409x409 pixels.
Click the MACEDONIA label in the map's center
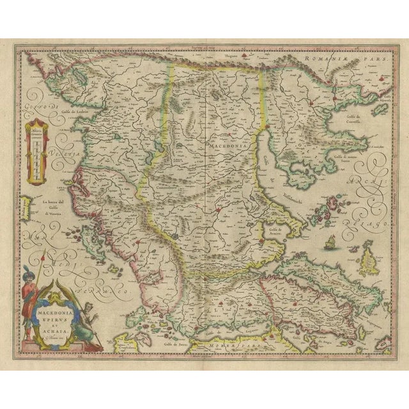tap(221, 146)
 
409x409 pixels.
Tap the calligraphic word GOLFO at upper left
tap(30, 100)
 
